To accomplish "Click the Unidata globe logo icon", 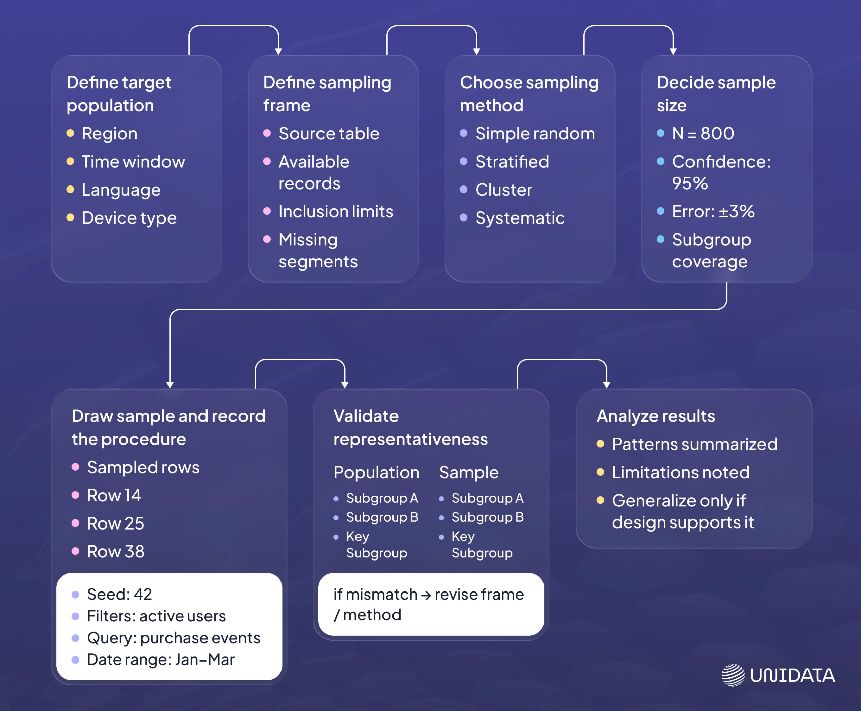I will pyautogui.click(x=733, y=675).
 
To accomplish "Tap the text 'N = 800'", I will pyautogui.click(x=703, y=134).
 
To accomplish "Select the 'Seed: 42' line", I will pyautogui.click(x=119, y=594).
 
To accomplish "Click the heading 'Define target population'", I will pyautogui.click(x=119, y=94).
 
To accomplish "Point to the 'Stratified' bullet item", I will pyautogui.click(x=512, y=162).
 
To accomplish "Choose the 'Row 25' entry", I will pyautogui.click(x=115, y=523).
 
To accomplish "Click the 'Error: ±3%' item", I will pyautogui.click(x=713, y=212).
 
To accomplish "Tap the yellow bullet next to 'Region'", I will pyautogui.click(x=70, y=133).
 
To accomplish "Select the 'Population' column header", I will pyautogui.click(x=376, y=473).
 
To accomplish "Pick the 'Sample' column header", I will pyautogui.click(x=469, y=473).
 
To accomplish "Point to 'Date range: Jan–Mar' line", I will pyautogui.click(x=161, y=660).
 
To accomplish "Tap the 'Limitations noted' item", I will pyautogui.click(x=680, y=473).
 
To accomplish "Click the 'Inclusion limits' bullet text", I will pyautogui.click(x=336, y=212).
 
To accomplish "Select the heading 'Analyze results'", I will pyautogui.click(x=656, y=416).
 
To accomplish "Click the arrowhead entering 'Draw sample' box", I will pyautogui.click(x=170, y=385).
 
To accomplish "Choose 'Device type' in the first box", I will pyautogui.click(x=129, y=218).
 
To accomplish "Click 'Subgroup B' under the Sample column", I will pyautogui.click(x=487, y=517).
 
